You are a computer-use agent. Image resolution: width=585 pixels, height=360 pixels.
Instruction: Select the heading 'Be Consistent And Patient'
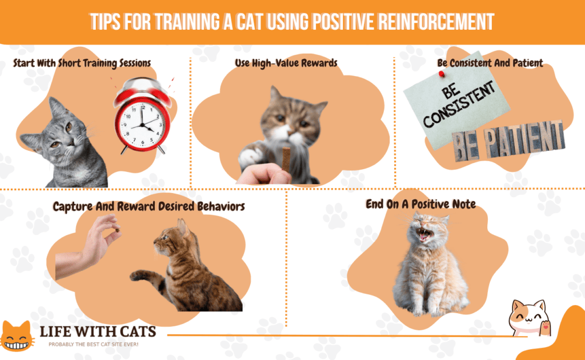click(x=490, y=63)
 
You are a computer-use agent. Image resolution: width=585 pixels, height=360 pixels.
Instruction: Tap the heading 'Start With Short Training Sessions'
click(x=82, y=62)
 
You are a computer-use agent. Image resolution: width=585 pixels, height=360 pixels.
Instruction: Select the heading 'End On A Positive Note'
click(x=420, y=204)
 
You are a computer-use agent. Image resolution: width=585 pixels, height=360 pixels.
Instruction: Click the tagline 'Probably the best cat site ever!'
click(x=94, y=345)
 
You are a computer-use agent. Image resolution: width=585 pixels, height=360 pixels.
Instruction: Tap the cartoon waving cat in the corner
click(x=528, y=319)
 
